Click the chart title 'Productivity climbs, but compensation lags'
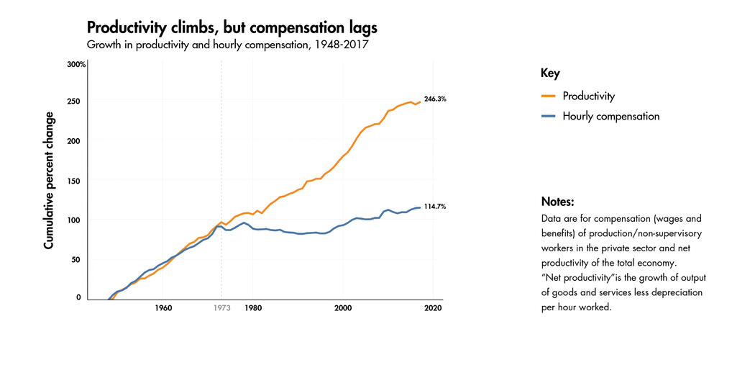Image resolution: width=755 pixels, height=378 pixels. pyautogui.click(x=232, y=28)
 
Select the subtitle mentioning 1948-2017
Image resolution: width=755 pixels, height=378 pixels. pyautogui.click(x=229, y=45)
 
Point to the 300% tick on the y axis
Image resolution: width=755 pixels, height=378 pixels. pyautogui.click(x=76, y=65)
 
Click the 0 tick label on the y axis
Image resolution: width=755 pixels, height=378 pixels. pyautogui.click(x=79, y=297)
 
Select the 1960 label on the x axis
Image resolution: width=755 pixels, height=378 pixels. pyautogui.click(x=163, y=309)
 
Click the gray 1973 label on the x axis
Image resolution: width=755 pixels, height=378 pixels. pyautogui.click(x=221, y=309)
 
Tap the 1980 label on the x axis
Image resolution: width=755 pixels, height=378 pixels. pyautogui.click(x=253, y=309)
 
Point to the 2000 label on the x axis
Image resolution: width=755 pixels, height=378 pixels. pyautogui.click(x=343, y=309)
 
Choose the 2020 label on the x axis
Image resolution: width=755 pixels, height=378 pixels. pyautogui.click(x=433, y=309)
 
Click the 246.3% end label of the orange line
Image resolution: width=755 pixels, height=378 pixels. pyautogui.click(x=435, y=99)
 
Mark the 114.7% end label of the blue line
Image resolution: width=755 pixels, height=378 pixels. pyautogui.click(x=435, y=207)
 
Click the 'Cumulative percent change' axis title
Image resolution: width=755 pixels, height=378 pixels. pyautogui.click(x=49, y=181)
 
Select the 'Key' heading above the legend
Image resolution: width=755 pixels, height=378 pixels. pyautogui.click(x=550, y=73)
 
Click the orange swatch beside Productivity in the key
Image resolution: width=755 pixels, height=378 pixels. pyautogui.click(x=548, y=96)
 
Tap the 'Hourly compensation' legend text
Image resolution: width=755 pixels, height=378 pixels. pyautogui.click(x=610, y=116)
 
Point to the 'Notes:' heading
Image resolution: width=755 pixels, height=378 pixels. pyautogui.click(x=557, y=202)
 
